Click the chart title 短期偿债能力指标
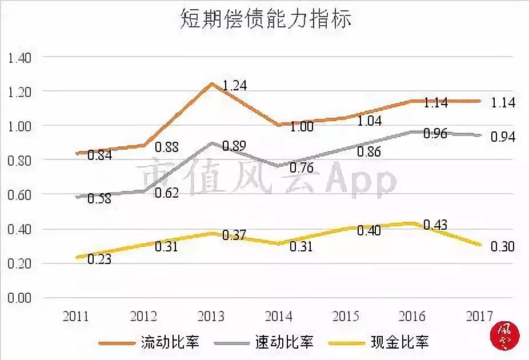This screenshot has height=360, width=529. coord(264,18)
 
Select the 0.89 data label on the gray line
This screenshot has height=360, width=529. coord(234,145)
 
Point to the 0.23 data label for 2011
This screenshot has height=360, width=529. coord(99,259)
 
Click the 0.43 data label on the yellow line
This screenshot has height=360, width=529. coord(435,224)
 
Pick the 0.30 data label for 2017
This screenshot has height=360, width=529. coord(503,247)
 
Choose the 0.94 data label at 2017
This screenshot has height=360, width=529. coord(503,137)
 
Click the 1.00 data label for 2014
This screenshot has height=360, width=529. coord(301,127)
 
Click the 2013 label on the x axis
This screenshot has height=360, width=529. coord(210,317)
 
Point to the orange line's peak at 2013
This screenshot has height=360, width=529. coord(211,84)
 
